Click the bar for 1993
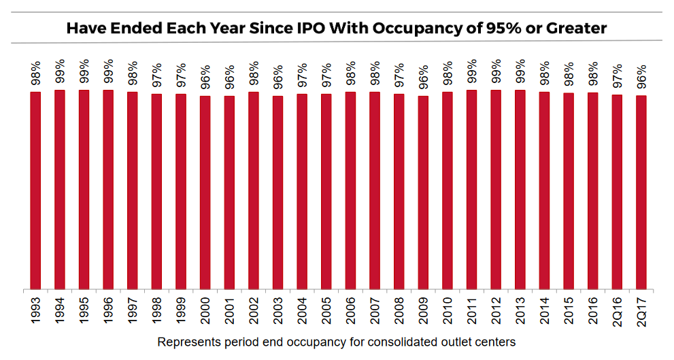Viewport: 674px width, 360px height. click(x=35, y=191)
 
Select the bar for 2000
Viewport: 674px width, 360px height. click(x=205, y=193)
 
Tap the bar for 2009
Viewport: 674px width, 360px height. click(x=423, y=193)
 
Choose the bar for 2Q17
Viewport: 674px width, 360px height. click(x=641, y=193)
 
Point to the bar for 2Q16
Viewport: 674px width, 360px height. click(x=617, y=192)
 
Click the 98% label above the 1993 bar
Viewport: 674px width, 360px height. click(x=35, y=73)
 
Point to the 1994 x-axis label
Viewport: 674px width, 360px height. click(x=60, y=312)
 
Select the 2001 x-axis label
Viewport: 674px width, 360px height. click(x=229, y=312)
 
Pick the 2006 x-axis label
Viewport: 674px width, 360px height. click(x=350, y=312)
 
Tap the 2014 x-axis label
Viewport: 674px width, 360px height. click(x=544, y=312)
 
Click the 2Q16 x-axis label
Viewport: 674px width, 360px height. click(x=617, y=312)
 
